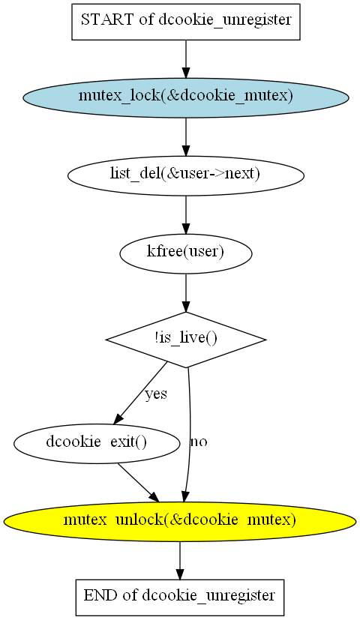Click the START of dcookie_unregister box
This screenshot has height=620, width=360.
click(185, 22)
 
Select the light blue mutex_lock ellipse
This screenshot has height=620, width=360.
click(185, 97)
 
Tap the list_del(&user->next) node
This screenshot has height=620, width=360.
click(185, 175)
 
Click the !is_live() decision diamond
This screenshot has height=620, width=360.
click(185, 340)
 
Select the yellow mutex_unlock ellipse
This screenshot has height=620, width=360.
click(180, 521)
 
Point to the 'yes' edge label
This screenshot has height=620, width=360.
click(156, 394)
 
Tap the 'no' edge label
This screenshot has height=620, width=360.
click(199, 442)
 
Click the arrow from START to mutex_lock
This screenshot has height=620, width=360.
click(185, 59)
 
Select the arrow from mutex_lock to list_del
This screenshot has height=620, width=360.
click(185, 136)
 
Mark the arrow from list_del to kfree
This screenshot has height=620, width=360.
click(185, 214)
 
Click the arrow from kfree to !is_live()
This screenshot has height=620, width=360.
click(185, 293)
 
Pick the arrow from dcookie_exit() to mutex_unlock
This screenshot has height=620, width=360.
click(138, 483)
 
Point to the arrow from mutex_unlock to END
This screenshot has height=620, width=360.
click(180, 561)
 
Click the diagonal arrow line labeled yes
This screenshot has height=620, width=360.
click(140, 392)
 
